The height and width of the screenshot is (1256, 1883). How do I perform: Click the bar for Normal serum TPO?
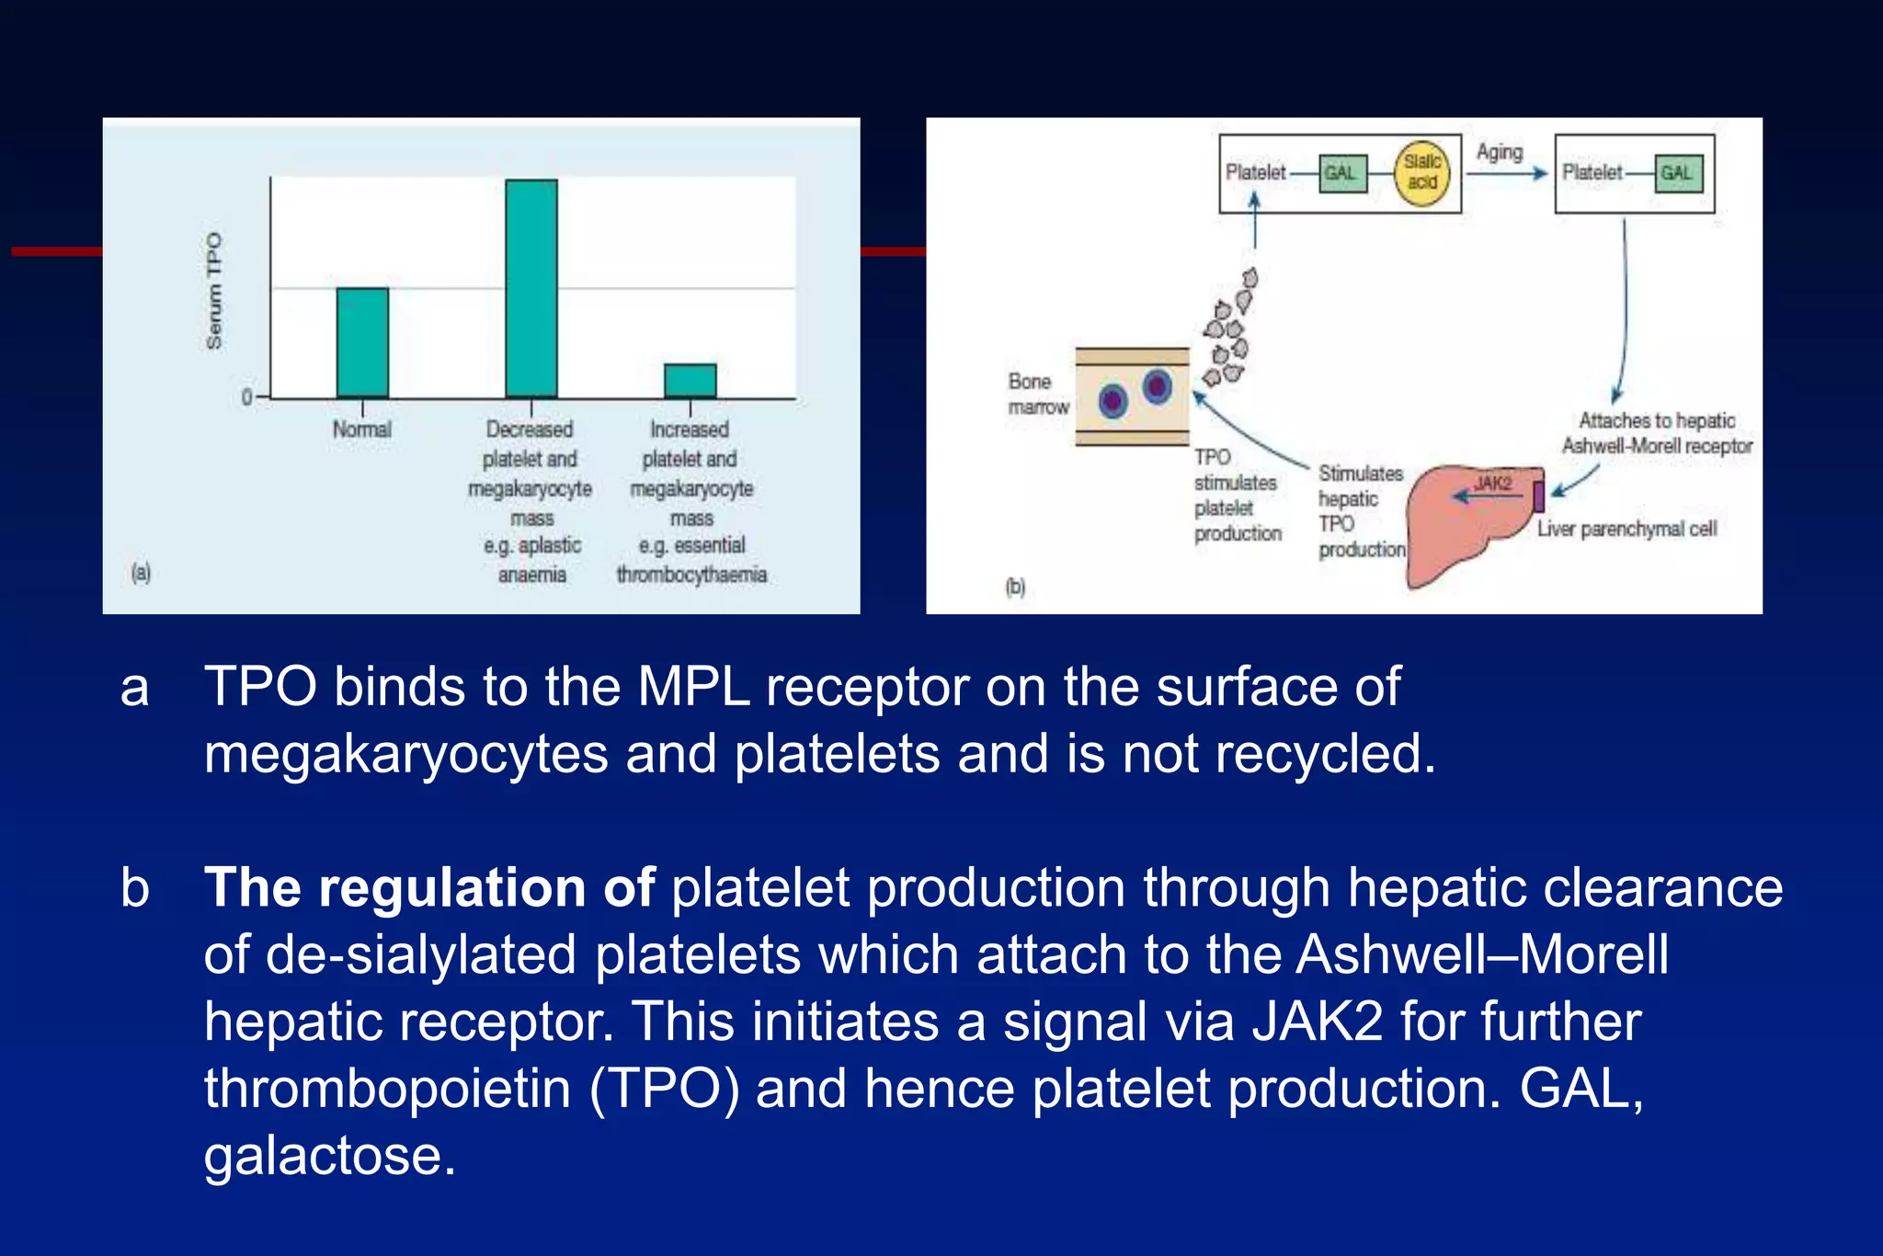pos(362,342)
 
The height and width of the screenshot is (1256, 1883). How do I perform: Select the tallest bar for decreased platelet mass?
pos(531,288)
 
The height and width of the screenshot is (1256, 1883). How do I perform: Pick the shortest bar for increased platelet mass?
pos(690,380)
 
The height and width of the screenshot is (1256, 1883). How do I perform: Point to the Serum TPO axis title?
pos(214,291)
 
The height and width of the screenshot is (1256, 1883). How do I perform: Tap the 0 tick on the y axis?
pos(246,397)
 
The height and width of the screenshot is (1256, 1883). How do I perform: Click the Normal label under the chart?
pos(361,429)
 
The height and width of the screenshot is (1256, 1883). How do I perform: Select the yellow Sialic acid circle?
pos(1421,173)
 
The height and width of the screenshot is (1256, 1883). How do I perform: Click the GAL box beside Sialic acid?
pos(1341,173)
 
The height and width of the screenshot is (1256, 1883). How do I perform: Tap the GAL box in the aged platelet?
pos(1677,173)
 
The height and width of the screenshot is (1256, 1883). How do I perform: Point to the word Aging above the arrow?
pos(1500,152)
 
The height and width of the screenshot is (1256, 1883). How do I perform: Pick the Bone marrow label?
pos(1038,394)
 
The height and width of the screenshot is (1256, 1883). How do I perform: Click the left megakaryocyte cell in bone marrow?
pos(1113,401)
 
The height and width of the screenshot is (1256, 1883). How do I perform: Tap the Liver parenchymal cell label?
pos(1626,529)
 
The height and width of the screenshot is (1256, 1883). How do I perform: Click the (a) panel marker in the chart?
pos(141,573)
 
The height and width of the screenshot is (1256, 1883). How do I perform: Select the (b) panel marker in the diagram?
pos(1015,586)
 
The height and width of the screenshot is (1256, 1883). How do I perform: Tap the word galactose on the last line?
pos(329,1156)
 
